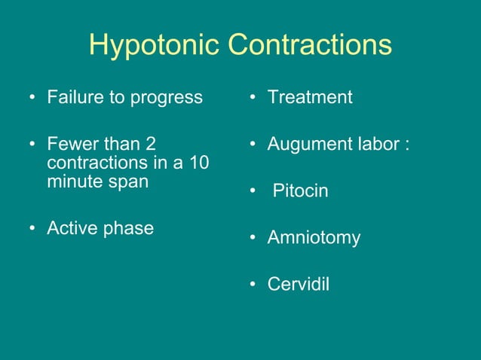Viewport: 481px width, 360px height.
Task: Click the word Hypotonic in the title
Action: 155,45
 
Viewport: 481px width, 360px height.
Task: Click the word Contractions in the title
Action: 310,45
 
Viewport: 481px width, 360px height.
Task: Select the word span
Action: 128,182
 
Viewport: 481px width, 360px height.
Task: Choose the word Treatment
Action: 310,97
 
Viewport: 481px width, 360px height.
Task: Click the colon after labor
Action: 407,145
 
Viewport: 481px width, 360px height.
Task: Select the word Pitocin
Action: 300,191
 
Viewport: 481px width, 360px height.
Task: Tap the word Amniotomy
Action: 314,238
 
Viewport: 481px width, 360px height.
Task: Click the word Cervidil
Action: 299,285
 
